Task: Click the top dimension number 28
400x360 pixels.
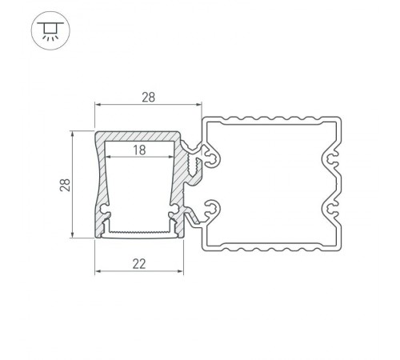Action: coord(148,97)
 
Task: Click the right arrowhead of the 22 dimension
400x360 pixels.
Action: coord(191,270)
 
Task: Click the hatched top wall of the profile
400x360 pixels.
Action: coord(141,136)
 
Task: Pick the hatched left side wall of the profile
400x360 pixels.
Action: coord(100,184)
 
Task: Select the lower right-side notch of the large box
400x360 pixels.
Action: coord(331,210)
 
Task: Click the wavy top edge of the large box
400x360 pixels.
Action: coord(272,120)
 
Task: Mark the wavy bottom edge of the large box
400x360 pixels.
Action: coord(272,248)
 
